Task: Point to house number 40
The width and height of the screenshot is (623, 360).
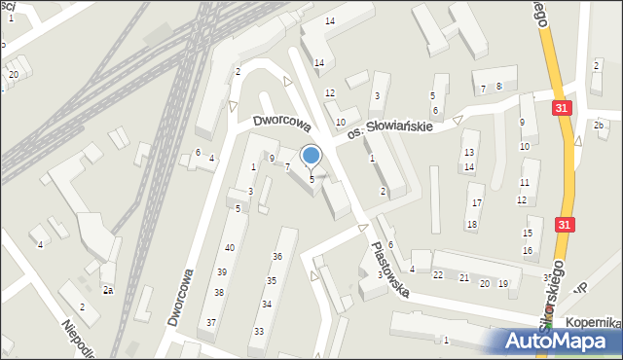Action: point(229,248)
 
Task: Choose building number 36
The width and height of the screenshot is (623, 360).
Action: point(277,257)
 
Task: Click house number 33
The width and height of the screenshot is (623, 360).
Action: point(258,332)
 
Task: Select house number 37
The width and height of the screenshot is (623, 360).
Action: point(211,322)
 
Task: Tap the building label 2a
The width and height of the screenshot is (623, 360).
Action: point(108,290)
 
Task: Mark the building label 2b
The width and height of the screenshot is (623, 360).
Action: point(600,126)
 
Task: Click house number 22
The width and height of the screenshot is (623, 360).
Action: point(438,275)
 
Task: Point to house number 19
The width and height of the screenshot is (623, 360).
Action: point(502,284)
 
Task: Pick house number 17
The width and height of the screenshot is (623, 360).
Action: point(477,202)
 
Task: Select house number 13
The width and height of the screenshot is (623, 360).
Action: point(469,153)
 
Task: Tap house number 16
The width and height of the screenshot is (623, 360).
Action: point(528,251)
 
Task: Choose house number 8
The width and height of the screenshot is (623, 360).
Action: point(498,87)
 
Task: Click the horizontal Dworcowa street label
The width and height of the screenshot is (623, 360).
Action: point(281,125)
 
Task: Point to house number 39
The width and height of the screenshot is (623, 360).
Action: point(222,272)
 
